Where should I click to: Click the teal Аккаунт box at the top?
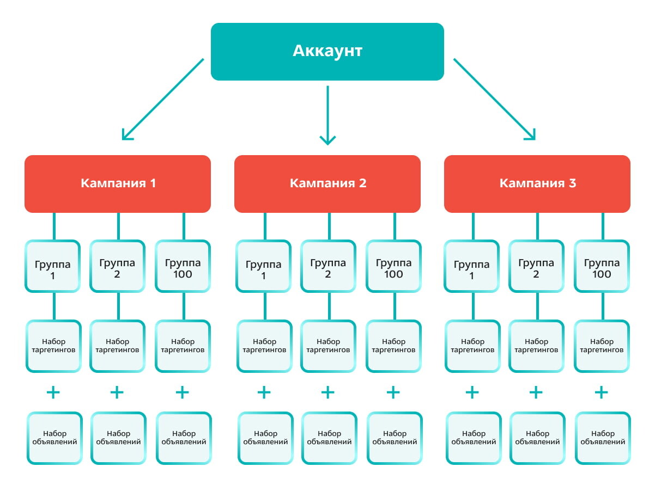[327, 52]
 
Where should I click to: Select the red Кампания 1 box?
[118, 183]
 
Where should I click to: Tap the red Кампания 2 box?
[327, 183]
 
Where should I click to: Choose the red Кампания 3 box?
[537, 183]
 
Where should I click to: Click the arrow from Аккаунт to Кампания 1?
[163, 99]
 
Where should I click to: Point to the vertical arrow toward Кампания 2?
[327, 115]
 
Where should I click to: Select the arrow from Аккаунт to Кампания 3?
[495, 99]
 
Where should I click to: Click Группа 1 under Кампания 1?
[53, 266]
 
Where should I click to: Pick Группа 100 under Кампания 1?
[183, 266]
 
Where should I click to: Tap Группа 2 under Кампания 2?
[328, 266]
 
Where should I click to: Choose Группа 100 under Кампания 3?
[602, 266]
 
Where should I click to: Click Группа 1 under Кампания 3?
[472, 266]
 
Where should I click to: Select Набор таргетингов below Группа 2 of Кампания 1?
[118, 346]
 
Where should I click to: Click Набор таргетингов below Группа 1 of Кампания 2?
[264, 346]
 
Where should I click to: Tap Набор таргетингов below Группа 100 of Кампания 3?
[602, 346]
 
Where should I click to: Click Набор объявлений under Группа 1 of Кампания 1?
[54, 438]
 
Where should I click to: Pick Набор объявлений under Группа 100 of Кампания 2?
[395, 438]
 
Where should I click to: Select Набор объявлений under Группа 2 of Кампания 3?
[537, 438]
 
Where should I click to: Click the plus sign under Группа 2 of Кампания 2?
[327, 392]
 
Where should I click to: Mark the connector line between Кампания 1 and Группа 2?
[118, 226]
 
